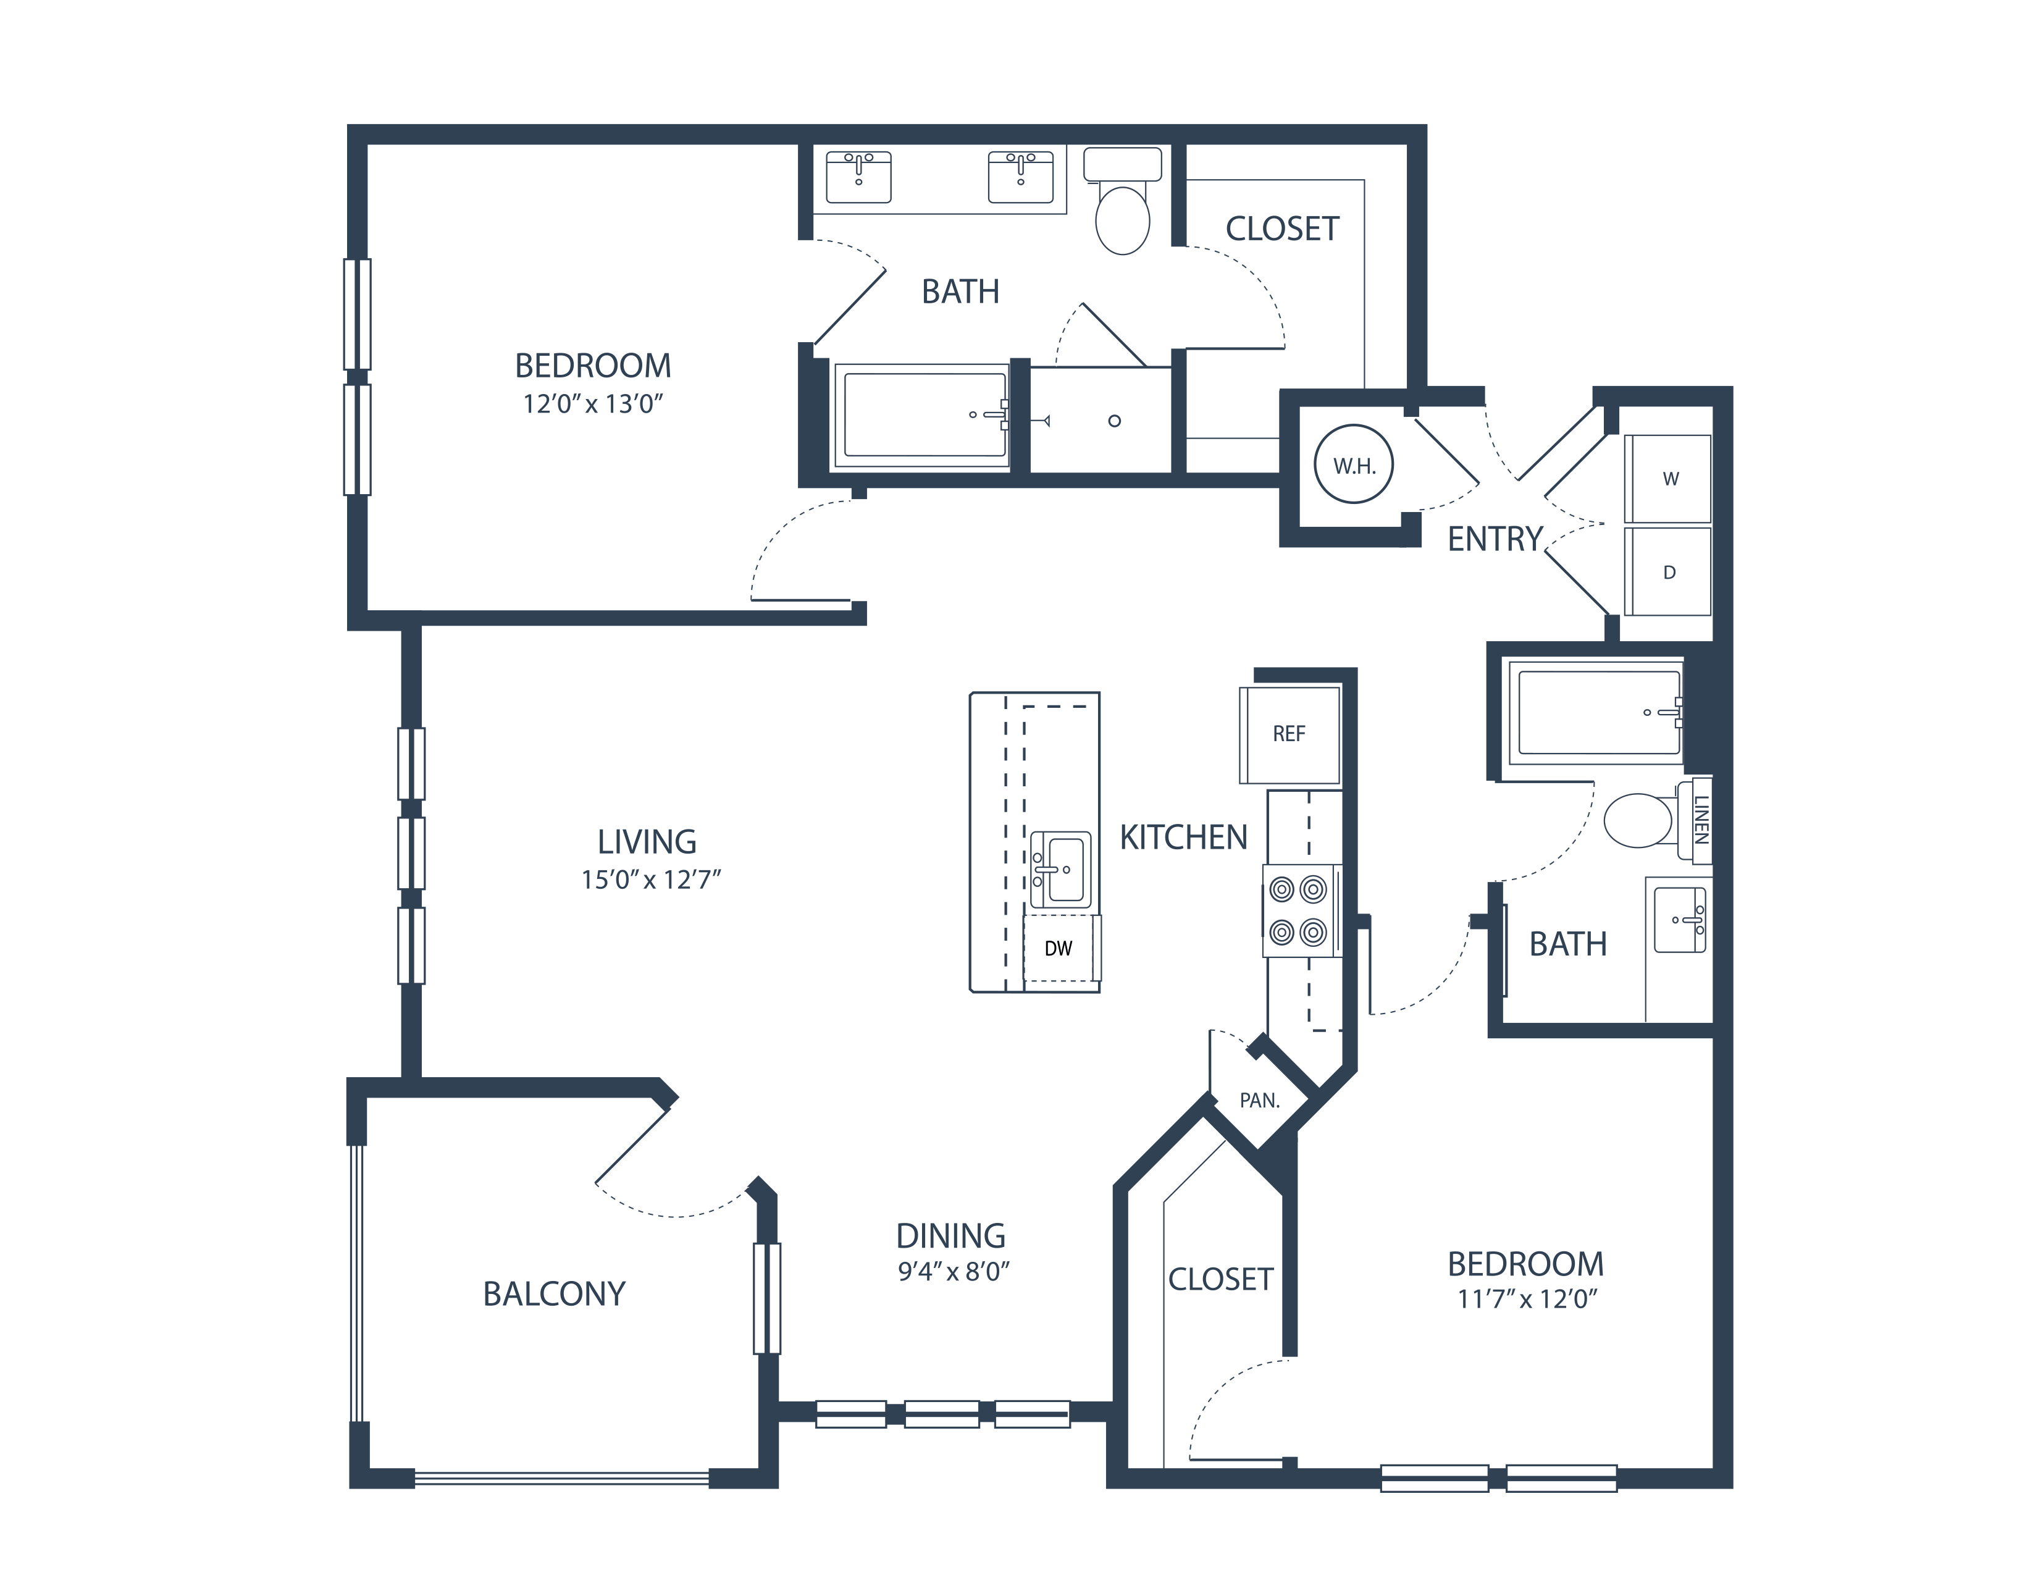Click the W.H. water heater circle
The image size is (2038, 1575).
(x=1353, y=464)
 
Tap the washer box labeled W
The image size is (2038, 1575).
(x=1669, y=479)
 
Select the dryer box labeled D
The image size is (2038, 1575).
(x=1669, y=572)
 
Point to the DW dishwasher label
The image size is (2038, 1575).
(x=1058, y=949)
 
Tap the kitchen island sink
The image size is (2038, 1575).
(x=1061, y=870)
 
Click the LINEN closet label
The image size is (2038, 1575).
(x=1700, y=819)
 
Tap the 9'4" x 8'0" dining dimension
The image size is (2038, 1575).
(x=954, y=1272)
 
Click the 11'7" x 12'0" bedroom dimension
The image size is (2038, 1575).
(x=1527, y=1299)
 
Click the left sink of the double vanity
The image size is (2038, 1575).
(x=858, y=177)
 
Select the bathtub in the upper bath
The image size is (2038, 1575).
(x=924, y=415)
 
